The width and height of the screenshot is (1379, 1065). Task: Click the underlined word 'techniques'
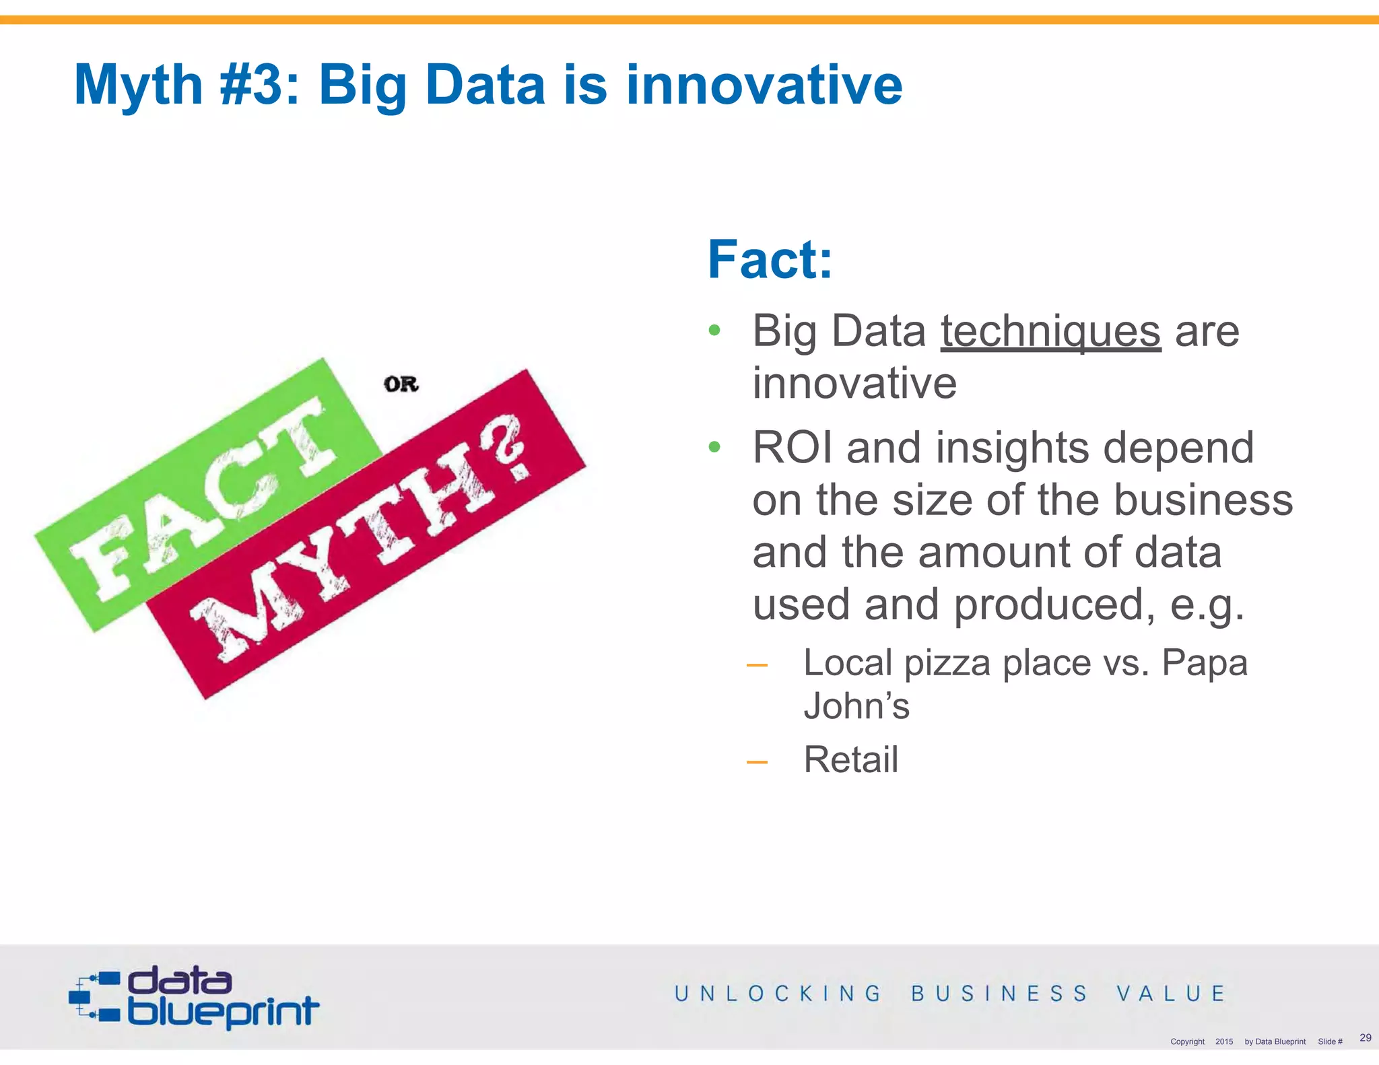(x=1050, y=331)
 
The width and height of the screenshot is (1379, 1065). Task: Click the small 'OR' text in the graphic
(x=401, y=384)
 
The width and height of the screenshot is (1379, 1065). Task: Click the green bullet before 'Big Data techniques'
(x=714, y=331)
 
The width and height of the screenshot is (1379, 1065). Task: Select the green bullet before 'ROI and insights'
(x=714, y=446)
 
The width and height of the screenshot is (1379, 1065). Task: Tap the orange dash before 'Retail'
(x=757, y=762)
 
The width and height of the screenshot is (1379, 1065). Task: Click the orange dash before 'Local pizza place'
(x=757, y=665)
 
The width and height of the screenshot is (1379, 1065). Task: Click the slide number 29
(x=1365, y=1037)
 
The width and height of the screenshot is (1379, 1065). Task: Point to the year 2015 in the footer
(x=1223, y=1041)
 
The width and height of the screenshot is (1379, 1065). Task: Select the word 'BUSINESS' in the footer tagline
(x=999, y=994)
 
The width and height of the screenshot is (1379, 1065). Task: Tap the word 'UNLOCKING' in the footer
(x=778, y=994)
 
